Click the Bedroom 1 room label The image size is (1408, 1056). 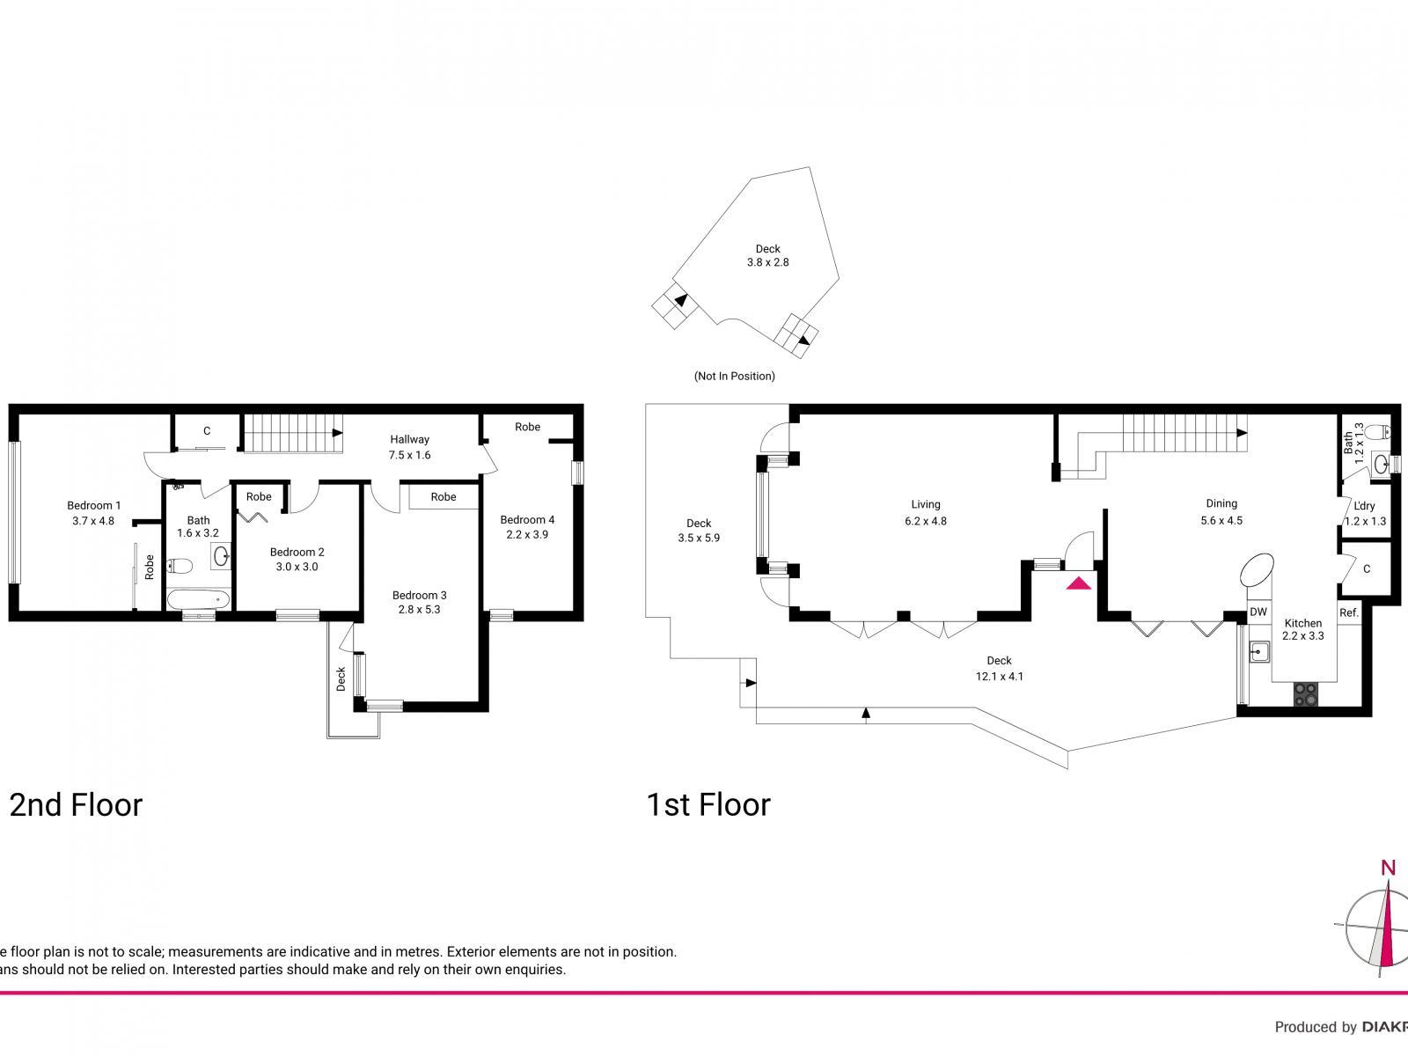(x=93, y=512)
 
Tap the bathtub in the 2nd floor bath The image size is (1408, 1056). (x=199, y=600)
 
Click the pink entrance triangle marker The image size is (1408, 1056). (x=1079, y=583)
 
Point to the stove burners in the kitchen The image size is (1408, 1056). (x=1305, y=694)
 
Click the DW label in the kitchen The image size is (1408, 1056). (x=1258, y=612)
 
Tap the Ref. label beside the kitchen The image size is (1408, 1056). (x=1349, y=612)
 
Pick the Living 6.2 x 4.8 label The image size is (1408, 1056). (x=925, y=512)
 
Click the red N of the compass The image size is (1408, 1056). (x=1388, y=869)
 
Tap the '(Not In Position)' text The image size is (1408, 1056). (x=734, y=376)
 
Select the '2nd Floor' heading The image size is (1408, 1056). (x=76, y=804)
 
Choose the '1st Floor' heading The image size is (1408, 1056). (x=708, y=804)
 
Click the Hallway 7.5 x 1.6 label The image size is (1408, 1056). (x=409, y=447)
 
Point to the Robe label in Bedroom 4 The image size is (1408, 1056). (x=527, y=427)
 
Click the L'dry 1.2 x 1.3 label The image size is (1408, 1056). (x=1365, y=513)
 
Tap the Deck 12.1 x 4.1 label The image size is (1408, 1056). (x=999, y=668)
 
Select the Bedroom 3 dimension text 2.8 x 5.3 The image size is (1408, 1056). (x=419, y=608)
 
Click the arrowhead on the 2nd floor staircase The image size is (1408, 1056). (x=337, y=433)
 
